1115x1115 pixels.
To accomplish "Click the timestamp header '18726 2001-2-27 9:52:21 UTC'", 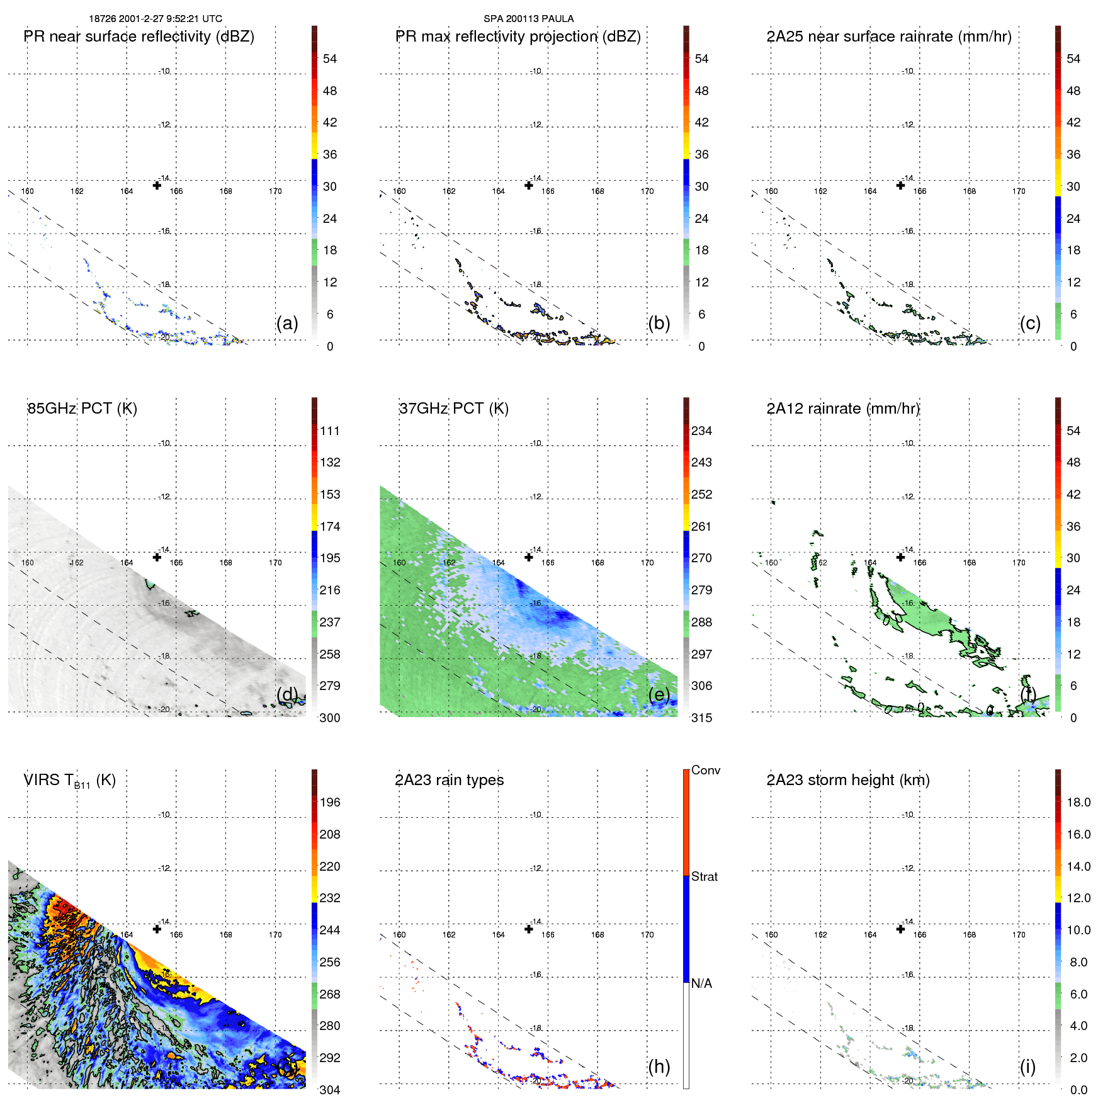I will tap(156, 19).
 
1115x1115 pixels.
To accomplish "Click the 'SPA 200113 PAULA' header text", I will tap(528, 19).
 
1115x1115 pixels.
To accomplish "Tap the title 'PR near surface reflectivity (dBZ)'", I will tap(139, 37).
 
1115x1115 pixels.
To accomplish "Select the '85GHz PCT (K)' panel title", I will tap(82, 409).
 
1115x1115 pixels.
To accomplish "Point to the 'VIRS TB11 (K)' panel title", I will tap(70, 781).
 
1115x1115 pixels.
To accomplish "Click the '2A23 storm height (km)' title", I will tap(848, 780).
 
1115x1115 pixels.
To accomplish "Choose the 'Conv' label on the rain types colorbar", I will tap(706, 770).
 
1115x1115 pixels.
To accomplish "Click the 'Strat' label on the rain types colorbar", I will tap(705, 876).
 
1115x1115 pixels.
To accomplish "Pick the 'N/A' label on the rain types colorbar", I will tap(701, 983).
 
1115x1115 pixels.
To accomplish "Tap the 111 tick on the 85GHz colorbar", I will tap(330, 431).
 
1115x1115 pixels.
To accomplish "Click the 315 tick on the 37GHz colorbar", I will tap(701, 718).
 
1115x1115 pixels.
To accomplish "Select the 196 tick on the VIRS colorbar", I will tap(330, 802).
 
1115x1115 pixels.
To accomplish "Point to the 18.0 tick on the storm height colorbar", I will tap(1078, 802).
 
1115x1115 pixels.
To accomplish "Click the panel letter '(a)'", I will tap(287, 323).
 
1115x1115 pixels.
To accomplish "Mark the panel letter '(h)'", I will tap(659, 1067).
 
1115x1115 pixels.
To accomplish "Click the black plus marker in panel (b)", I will tap(529, 185).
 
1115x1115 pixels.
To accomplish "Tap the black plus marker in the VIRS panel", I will tap(157, 929).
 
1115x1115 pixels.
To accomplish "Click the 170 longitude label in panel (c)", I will tap(1019, 191).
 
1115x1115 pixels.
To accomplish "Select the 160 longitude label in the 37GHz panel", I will tap(399, 563).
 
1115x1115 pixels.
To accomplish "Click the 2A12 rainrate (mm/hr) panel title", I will tap(843, 409).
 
